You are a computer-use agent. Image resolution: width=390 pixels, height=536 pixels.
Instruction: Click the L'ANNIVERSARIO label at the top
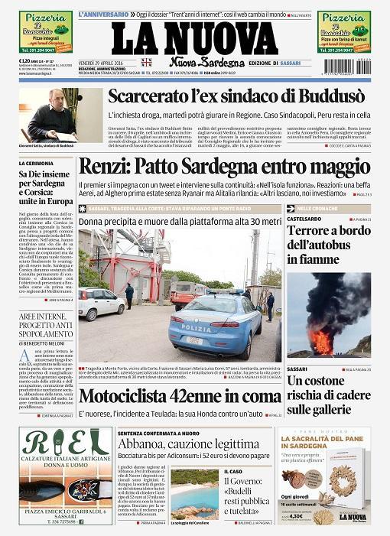coord(102,15)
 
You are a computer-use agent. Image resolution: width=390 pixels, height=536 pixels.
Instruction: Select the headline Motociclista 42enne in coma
coord(180,396)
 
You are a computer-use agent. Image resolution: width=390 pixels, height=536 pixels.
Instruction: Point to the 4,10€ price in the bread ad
coord(313,516)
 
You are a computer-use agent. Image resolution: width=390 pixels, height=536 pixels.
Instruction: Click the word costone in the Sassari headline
coord(335,381)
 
